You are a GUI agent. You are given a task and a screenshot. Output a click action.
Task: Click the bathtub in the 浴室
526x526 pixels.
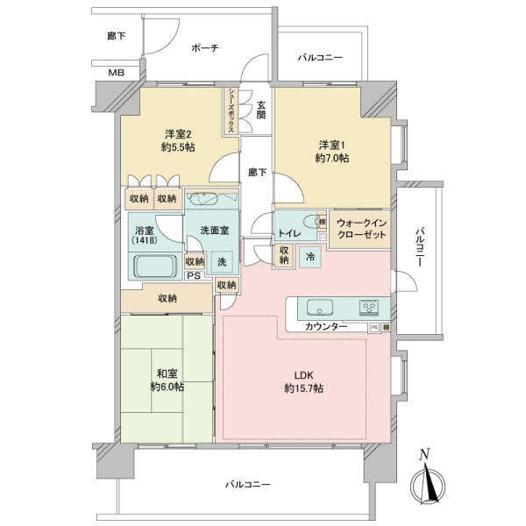(x=154, y=267)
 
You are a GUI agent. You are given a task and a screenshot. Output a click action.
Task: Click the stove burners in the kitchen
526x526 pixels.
(x=369, y=308)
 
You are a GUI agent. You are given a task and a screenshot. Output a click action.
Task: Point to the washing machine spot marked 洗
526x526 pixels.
(x=222, y=261)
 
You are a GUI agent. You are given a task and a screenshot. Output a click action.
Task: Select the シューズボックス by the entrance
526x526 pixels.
(x=231, y=109)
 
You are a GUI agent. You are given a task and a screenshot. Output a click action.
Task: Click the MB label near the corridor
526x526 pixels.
(x=115, y=73)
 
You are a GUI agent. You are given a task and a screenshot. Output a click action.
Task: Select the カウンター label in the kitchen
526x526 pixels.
(x=326, y=327)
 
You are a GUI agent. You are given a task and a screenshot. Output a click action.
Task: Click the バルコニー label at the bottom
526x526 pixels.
(x=247, y=485)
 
